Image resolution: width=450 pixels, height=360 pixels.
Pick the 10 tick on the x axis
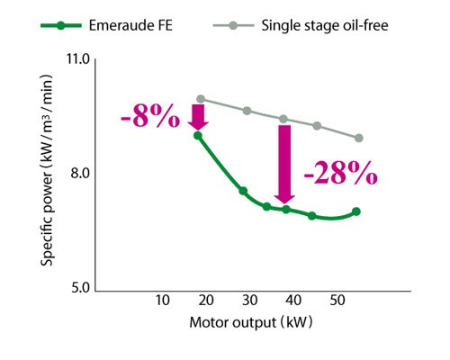click(x=162, y=301)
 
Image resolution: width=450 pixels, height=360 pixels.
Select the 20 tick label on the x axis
click(x=206, y=301)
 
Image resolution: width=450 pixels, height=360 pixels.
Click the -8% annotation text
click(x=148, y=118)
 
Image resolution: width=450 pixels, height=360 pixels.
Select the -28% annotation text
click(x=339, y=173)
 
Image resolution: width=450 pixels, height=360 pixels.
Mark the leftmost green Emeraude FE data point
click(x=198, y=135)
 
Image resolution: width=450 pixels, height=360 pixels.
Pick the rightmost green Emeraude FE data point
click(x=356, y=211)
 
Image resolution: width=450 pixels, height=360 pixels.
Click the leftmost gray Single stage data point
click(x=201, y=99)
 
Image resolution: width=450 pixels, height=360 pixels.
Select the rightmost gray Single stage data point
click(x=358, y=138)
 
